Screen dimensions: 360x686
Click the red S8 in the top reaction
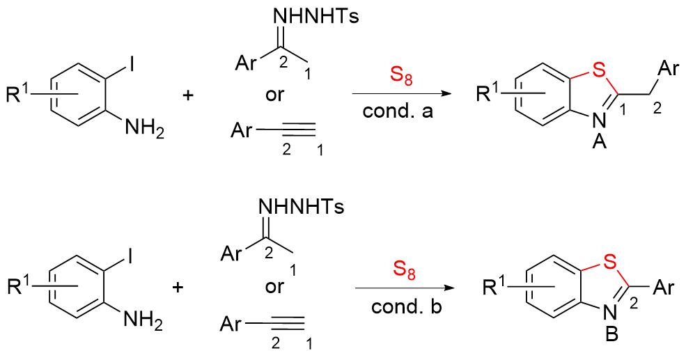[x=400, y=76]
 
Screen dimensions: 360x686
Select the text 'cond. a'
[x=398, y=111]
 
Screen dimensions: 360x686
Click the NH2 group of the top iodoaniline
[x=144, y=129]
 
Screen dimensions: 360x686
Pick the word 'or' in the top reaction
[x=275, y=95]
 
